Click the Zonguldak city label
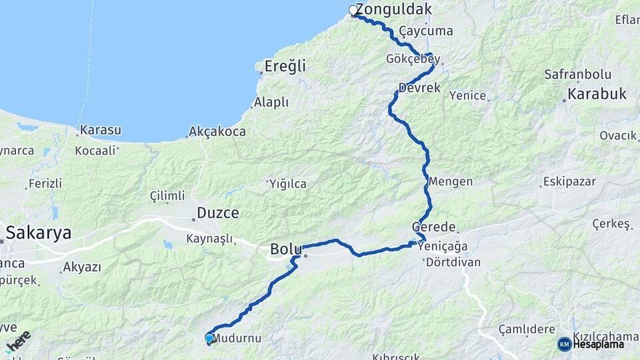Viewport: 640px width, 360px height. pyautogui.click(x=394, y=10)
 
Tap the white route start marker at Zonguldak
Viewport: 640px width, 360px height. pyautogui.click(x=354, y=11)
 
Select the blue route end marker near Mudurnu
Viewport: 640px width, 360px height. pyautogui.click(x=209, y=339)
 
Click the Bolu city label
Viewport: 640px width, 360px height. pyautogui.click(x=285, y=250)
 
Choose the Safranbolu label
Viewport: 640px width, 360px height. pyautogui.click(x=573, y=74)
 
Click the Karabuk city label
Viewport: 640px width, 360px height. pyautogui.click(x=597, y=94)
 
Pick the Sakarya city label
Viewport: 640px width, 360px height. pyautogui.click(x=39, y=233)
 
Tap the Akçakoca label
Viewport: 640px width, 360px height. pyautogui.click(x=217, y=131)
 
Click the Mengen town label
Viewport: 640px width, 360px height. pyautogui.click(x=451, y=181)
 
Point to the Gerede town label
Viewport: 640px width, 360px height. pyautogui.click(x=434, y=227)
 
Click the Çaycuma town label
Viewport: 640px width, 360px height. pyautogui.click(x=426, y=31)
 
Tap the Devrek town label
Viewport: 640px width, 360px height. pyautogui.click(x=420, y=87)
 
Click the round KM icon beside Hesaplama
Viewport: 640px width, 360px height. pyautogui.click(x=564, y=344)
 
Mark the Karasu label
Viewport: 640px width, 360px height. pyautogui.click(x=100, y=130)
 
